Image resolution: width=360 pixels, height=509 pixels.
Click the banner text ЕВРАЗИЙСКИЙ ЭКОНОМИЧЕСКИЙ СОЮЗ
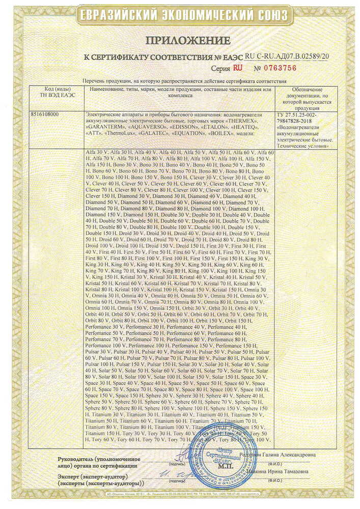coord(180,16)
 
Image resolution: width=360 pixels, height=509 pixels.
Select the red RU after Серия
coord(238,68)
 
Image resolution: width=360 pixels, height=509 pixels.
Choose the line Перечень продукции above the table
coord(184,81)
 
